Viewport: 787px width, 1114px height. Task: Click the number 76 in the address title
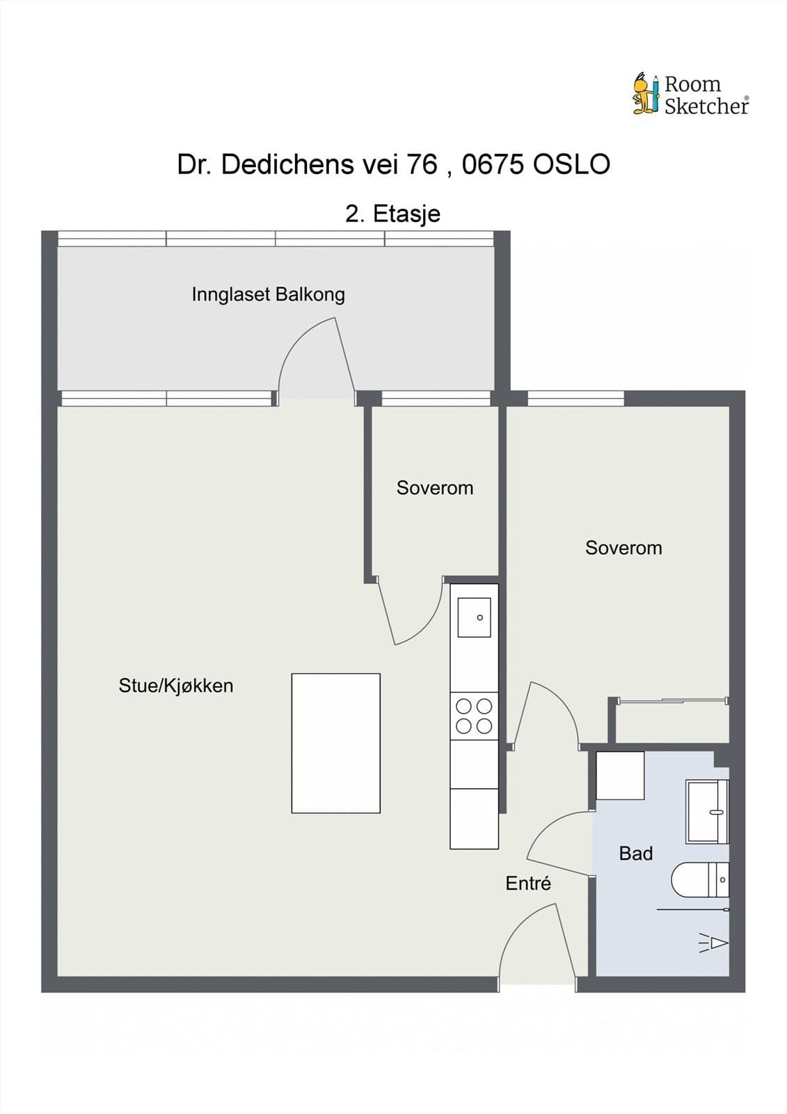point(421,165)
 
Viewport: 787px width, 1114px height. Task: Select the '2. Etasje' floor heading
point(392,213)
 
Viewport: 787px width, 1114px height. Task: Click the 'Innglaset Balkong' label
point(268,295)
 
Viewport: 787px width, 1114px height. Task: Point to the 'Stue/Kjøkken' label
point(176,686)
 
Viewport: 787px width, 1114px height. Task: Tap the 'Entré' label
point(528,884)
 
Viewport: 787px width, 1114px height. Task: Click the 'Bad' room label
point(635,854)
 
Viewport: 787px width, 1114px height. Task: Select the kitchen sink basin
point(474,618)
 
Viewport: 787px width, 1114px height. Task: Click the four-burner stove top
point(474,716)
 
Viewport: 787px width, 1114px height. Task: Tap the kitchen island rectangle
point(335,743)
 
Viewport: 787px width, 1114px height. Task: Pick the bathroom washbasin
point(707,812)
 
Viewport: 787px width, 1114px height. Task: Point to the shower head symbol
point(714,943)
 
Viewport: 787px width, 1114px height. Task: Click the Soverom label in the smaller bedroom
point(435,488)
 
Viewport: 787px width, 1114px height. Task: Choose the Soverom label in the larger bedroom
point(623,548)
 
